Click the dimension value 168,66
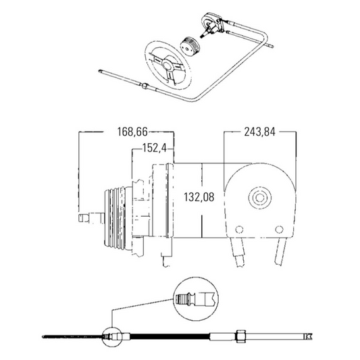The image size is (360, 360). [132, 132]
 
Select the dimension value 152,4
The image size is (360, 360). [154, 148]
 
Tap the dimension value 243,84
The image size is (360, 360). [259, 132]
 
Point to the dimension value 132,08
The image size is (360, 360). [199, 197]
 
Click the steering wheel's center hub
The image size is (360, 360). [168, 66]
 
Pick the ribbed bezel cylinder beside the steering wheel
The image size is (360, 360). [189, 46]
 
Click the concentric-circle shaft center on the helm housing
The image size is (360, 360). [259, 197]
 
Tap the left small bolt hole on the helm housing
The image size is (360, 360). [239, 230]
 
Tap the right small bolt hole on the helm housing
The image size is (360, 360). [279, 229]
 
